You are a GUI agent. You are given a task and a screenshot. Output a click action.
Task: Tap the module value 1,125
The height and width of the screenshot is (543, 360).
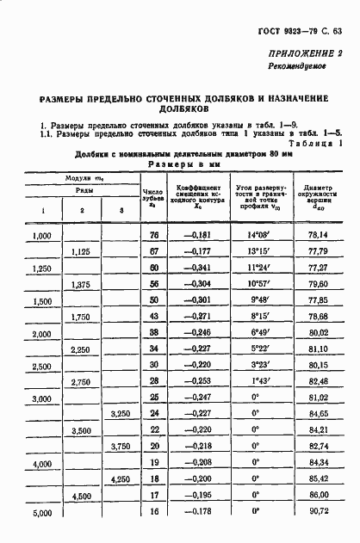coord(82,251)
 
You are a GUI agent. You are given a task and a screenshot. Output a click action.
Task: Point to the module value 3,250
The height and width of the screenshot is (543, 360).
coord(121,415)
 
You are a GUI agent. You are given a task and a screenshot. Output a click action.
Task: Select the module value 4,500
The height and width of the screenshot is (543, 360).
coord(82,497)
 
